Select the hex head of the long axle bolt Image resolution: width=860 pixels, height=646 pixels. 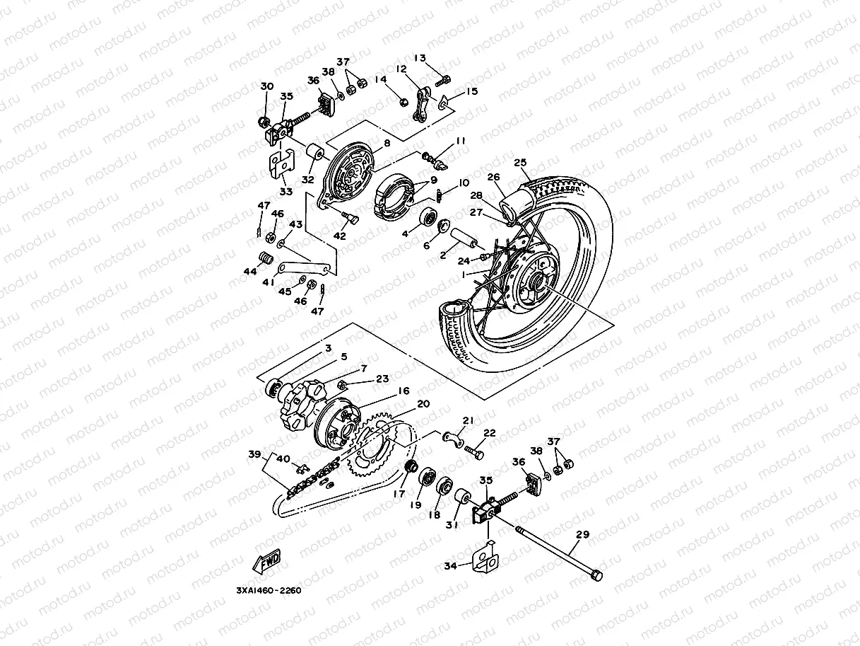tap(596, 576)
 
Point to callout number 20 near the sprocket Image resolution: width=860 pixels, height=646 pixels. tap(423, 404)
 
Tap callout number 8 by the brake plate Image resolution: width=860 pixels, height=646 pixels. tap(387, 144)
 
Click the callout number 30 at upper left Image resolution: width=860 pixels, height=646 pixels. tap(266, 86)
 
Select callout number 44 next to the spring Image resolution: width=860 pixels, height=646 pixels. tap(249, 271)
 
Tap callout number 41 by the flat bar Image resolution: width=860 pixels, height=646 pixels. tap(269, 282)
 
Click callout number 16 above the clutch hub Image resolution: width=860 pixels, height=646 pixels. tap(404, 391)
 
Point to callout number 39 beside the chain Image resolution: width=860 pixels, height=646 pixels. tap(254, 454)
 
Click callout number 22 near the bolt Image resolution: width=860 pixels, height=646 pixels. tap(489, 433)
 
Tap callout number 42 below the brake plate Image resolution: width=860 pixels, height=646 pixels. tap(340, 236)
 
